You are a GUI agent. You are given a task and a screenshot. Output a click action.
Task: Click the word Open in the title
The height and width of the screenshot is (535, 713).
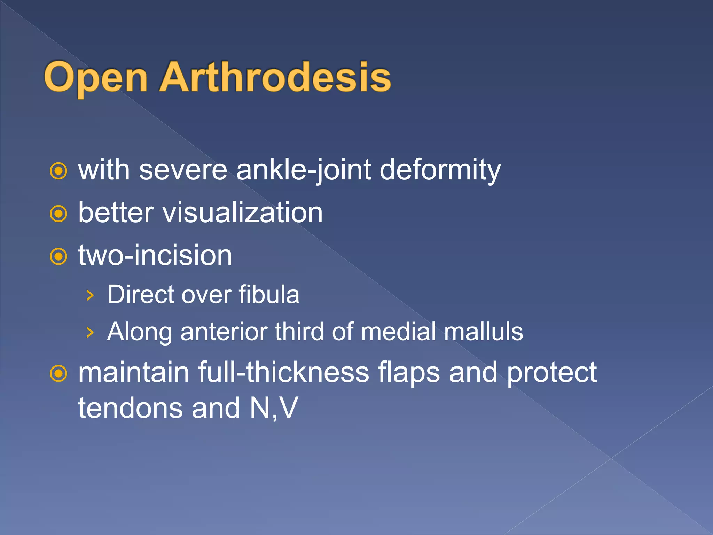[96, 77]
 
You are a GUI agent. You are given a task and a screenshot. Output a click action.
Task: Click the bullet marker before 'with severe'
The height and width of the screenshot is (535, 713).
[58, 171]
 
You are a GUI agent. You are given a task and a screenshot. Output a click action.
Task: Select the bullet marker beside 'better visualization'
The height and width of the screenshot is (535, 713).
[58, 214]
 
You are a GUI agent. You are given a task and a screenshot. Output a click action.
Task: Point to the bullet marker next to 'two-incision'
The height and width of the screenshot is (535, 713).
[58, 257]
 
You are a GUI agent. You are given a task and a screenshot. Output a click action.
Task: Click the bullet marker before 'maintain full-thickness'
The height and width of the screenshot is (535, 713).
[58, 374]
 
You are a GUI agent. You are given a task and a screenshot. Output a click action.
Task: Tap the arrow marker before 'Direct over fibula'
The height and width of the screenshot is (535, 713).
[90, 295]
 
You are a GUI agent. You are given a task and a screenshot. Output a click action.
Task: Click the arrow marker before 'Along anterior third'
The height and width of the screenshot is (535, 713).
[90, 332]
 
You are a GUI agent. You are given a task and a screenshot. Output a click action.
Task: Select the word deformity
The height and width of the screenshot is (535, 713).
[440, 170]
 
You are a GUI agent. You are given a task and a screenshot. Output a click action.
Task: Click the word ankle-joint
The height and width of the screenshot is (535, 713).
[303, 170]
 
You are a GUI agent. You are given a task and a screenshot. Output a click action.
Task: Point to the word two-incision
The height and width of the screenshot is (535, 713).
[155, 255]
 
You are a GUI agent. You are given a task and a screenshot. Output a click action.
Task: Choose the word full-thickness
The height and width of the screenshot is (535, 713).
[283, 372]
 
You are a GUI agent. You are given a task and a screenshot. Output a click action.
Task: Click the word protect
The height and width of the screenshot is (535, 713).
[551, 373]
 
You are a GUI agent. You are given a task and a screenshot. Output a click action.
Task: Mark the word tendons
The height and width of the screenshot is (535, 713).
[131, 408]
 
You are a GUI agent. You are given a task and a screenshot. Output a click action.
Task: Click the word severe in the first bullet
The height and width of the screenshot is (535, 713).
[183, 170]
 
